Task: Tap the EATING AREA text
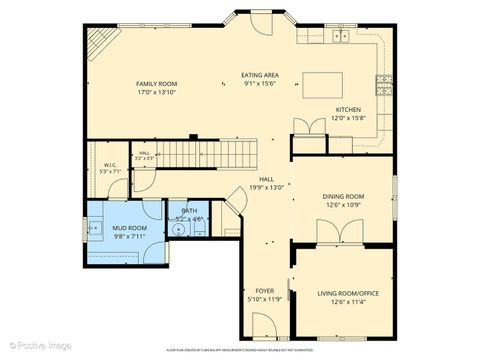[x=259, y=75]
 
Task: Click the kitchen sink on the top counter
[x=341, y=37]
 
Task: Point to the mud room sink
[x=95, y=229]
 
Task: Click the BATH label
[x=189, y=211]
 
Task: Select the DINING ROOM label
[x=342, y=197]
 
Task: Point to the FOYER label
[x=265, y=290]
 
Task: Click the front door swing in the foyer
[x=266, y=324]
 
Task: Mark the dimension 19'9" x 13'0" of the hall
[x=265, y=186]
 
